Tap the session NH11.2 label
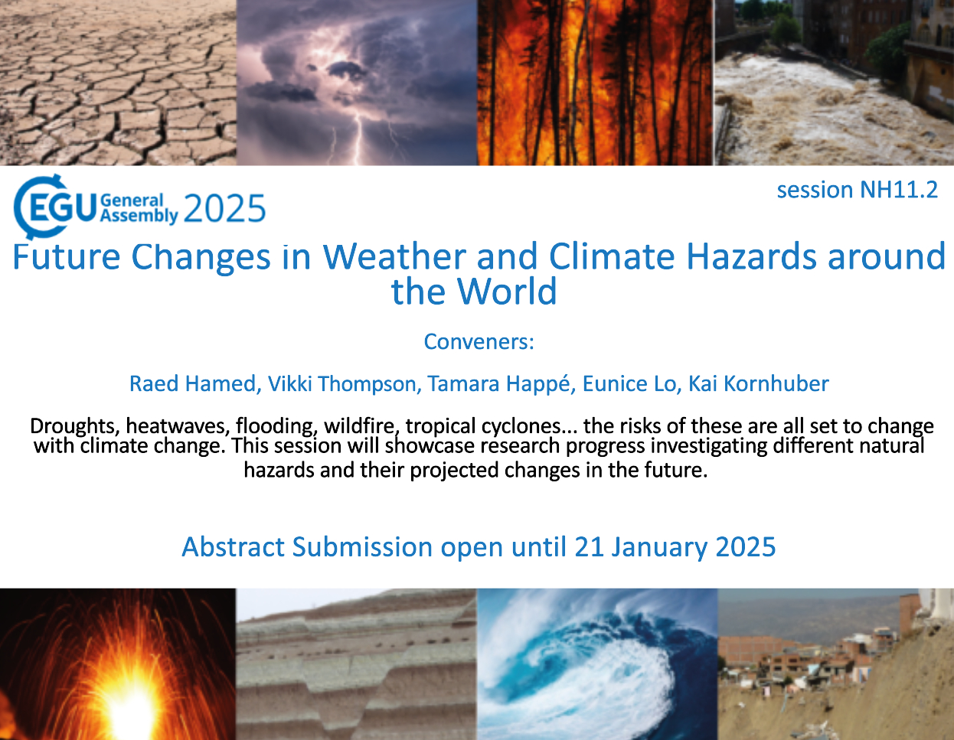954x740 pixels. click(858, 190)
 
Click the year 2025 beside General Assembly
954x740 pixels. click(224, 208)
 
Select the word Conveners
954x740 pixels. click(479, 341)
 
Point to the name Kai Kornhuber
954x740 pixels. click(758, 383)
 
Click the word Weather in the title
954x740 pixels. click(394, 256)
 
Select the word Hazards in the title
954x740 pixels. click(751, 256)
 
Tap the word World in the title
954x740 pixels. click(507, 291)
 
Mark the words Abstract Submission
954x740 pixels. click(307, 546)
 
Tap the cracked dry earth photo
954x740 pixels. click(118, 83)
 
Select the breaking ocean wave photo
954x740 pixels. click(597, 664)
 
